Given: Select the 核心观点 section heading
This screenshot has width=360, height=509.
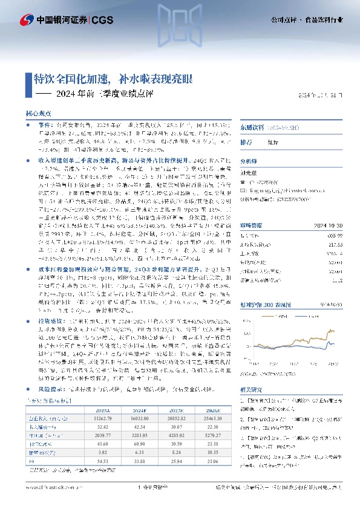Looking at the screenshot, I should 37,113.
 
